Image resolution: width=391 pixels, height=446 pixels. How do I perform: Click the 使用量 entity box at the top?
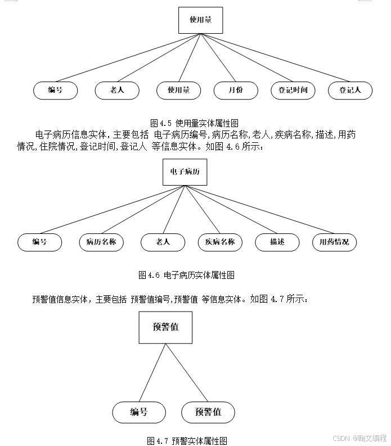coord(200,20)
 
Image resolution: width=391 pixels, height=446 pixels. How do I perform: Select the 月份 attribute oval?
coord(236,91)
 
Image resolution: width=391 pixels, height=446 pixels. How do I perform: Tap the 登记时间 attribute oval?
coord(293,91)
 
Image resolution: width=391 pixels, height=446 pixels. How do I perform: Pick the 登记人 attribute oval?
coord(350,91)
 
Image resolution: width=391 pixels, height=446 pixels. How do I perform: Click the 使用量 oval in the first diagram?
coord(178,91)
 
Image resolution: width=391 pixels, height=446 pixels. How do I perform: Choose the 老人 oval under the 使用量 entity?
coord(117,91)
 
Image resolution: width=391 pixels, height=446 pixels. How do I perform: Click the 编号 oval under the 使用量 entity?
coord(55,91)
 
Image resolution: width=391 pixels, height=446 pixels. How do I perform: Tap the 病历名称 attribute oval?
coord(101,242)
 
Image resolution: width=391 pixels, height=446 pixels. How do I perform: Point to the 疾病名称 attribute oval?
coord(219,242)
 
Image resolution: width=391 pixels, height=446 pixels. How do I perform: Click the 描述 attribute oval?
coord(277,242)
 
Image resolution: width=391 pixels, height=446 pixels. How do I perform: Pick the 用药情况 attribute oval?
coord(334,242)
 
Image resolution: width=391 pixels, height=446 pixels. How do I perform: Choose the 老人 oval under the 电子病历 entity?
coord(163,242)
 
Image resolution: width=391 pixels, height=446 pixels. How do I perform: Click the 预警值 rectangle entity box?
coord(165,327)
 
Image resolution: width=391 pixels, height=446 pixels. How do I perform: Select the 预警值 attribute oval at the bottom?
coord(208,412)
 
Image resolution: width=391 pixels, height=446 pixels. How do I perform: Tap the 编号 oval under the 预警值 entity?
coord(139,412)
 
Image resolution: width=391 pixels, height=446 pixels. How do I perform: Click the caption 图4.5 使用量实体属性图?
coord(195,123)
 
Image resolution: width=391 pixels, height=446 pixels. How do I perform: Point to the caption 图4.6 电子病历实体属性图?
coord(186,275)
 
